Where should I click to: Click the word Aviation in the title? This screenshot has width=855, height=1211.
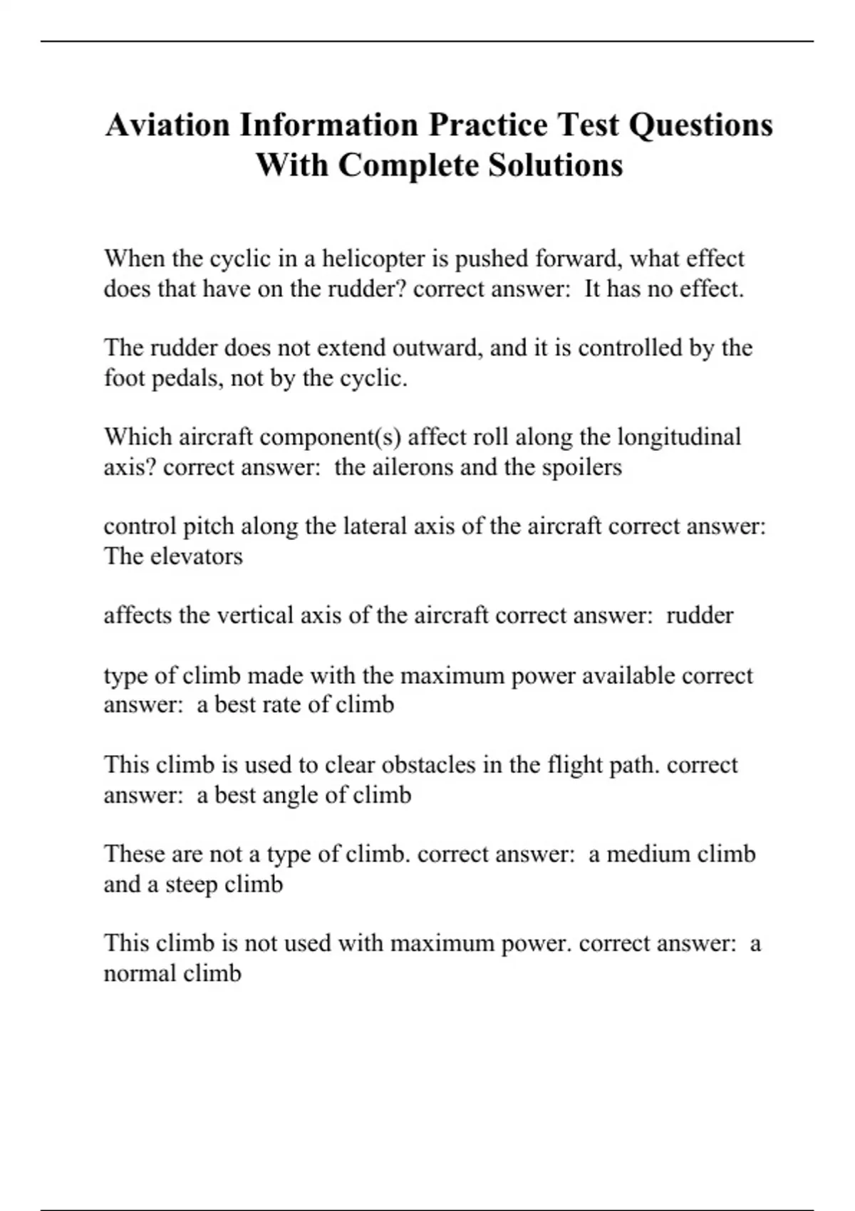tap(168, 125)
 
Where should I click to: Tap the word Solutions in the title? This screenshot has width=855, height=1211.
tap(556, 165)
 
